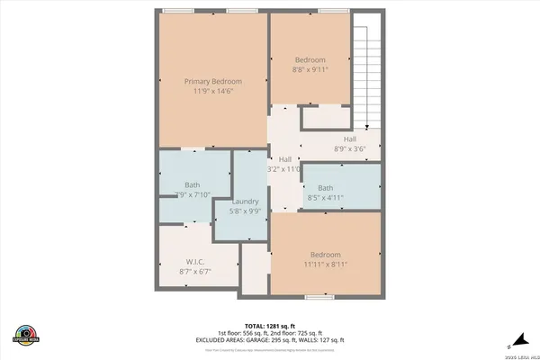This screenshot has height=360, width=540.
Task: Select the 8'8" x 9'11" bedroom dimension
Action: point(310,68)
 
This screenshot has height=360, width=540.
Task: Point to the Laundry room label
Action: point(246,202)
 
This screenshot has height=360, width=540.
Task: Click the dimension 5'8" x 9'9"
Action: point(246,211)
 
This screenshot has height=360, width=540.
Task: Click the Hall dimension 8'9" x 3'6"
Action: point(350,148)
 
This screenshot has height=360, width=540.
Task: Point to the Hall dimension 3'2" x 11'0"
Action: point(284,168)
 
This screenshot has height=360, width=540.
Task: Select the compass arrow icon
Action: point(510,340)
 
